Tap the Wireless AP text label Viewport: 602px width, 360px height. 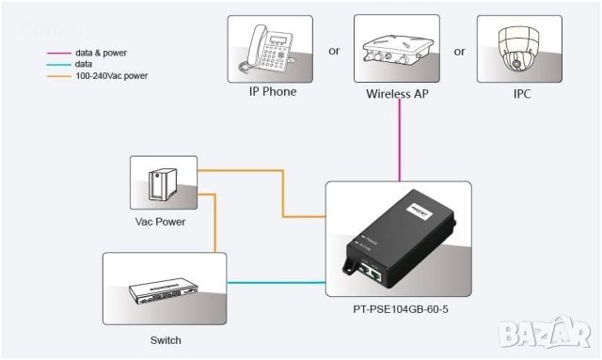[x=398, y=94]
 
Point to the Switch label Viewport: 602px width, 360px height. [x=165, y=340]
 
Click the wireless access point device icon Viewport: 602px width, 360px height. [x=398, y=52]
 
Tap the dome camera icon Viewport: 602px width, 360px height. [x=519, y=50]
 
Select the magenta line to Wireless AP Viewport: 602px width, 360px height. [x=401, y=141]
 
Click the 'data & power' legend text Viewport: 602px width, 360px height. [x=101, y=54]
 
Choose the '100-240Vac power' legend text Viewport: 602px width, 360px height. [x=111, y=75]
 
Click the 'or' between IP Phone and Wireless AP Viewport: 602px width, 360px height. [x=334, y=51]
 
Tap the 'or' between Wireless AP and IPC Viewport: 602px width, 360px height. [x=460, y=51]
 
